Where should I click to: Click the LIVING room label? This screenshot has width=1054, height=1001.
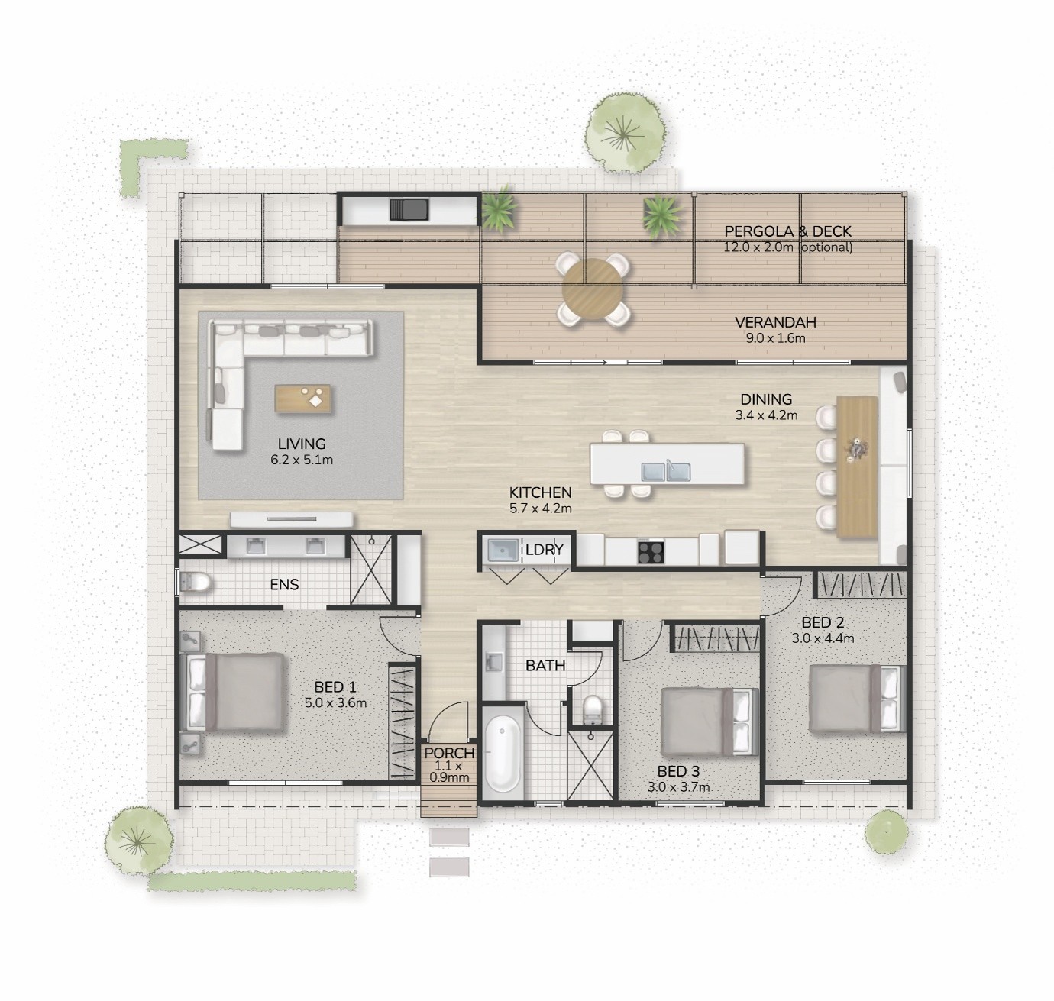coord(301,444)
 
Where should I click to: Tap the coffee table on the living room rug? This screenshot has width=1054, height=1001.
coord(303,399)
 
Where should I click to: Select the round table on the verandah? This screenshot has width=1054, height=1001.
coord(593,289)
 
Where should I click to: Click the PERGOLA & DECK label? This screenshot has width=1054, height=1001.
coord(787,231)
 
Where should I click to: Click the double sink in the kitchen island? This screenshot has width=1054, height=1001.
coord(666,472)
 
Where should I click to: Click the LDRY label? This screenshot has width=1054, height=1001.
coord(544,550)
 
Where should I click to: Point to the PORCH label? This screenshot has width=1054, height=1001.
coord(449,753)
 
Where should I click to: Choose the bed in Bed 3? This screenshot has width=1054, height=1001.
coord(710,722)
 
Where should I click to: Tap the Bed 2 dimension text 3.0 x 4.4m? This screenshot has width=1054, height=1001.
coord(823,638)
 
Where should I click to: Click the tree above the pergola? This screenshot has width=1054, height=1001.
coord(625,133)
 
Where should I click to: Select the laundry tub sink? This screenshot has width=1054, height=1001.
coord(503,550)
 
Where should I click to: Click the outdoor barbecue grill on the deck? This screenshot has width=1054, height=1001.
coord(409,209)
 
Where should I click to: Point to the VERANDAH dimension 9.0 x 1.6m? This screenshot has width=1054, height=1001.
coord(775,338)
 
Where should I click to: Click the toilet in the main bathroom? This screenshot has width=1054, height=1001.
coord(592,709)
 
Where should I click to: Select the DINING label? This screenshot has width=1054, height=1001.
coord(766,399)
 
